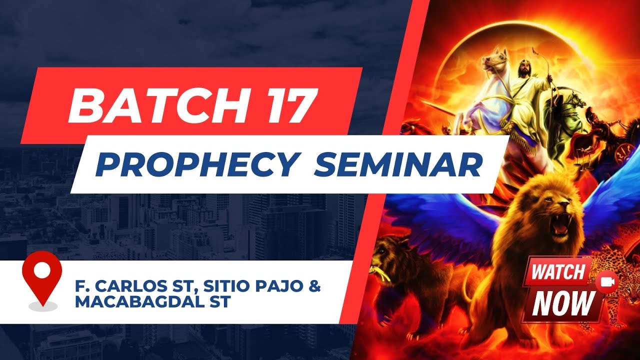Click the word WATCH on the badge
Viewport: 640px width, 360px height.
click(558, 272)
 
